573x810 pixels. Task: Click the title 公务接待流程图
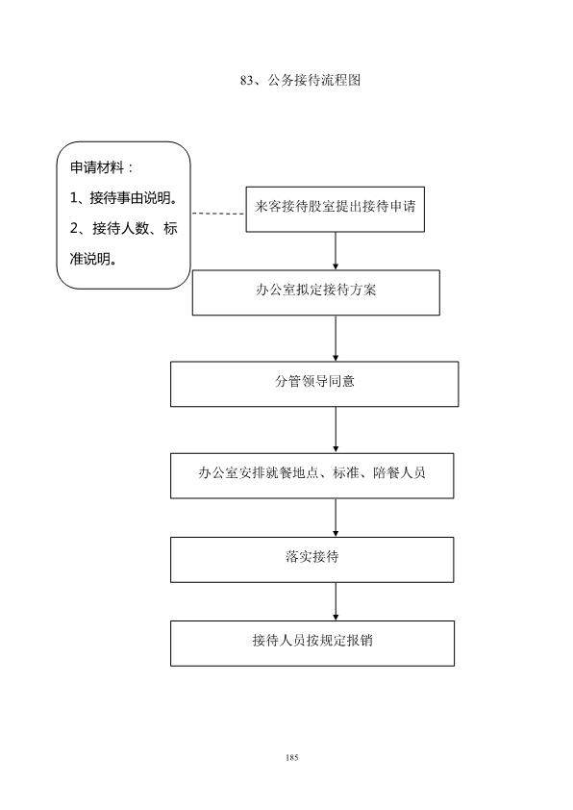click(313, 80)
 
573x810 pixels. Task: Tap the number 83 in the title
click(247, 81)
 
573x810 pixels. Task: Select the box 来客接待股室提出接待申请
click(335, 209)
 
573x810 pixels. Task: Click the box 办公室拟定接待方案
click(316, 292)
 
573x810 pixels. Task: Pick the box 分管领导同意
click(314, 384)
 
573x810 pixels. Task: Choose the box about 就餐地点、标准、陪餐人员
click(312, 476)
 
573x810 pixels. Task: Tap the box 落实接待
click(312, 560)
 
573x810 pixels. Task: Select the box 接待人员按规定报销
click(312, 644)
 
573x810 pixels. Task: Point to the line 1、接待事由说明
click(124, 198)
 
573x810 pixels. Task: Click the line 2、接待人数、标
click(124, 228)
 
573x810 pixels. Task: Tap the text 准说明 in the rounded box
click(93, 259)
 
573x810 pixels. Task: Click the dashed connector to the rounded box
click(218, 214)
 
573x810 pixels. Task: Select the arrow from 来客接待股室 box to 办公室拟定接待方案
click(336, 250)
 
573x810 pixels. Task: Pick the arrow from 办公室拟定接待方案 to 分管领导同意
click(336, 339)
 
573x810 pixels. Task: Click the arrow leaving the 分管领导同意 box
click(336, 430)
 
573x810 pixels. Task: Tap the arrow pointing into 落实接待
click(336, 518)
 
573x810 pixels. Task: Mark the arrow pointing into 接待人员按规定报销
click(336, 601)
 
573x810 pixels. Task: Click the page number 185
click(291, 758)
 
